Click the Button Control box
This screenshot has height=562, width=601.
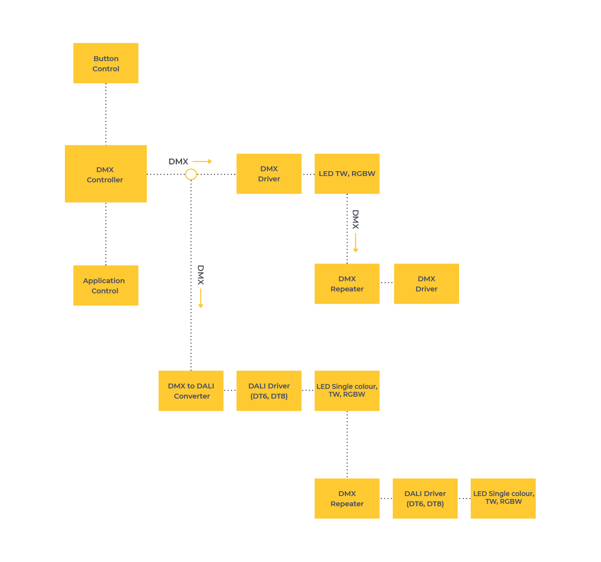[106, 63]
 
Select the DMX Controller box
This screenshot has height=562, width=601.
[106, 174]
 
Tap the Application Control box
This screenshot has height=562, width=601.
[106, 285]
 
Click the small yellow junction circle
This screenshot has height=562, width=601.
[191, 174]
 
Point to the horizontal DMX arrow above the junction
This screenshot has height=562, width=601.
[202, 161]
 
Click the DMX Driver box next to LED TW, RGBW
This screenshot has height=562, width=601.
[269, 174]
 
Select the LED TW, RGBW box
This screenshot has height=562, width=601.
[347, 174]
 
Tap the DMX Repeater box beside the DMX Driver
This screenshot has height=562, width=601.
[347, 283]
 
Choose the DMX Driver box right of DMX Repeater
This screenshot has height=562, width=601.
[426, 283]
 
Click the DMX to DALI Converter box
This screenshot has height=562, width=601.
[191, 390]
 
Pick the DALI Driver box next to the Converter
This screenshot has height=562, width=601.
[269, 390]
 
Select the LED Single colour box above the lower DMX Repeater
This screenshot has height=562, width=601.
[347, 390]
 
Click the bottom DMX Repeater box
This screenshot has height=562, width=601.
[347, 498]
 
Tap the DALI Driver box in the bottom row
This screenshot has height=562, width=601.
[425, 498]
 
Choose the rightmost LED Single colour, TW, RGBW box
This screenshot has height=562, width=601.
[503, 498]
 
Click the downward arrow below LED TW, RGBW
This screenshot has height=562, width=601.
[355, 242]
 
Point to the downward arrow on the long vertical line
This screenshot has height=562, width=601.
[200, 298]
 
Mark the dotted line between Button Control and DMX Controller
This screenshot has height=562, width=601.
[106, 114]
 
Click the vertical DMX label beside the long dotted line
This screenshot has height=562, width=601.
[200, 274]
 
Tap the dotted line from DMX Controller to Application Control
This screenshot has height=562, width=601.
[106, 234]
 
